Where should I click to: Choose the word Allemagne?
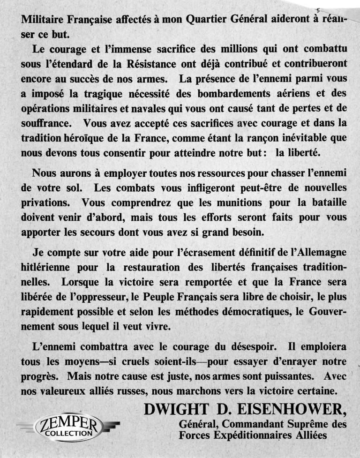click(318, 253)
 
